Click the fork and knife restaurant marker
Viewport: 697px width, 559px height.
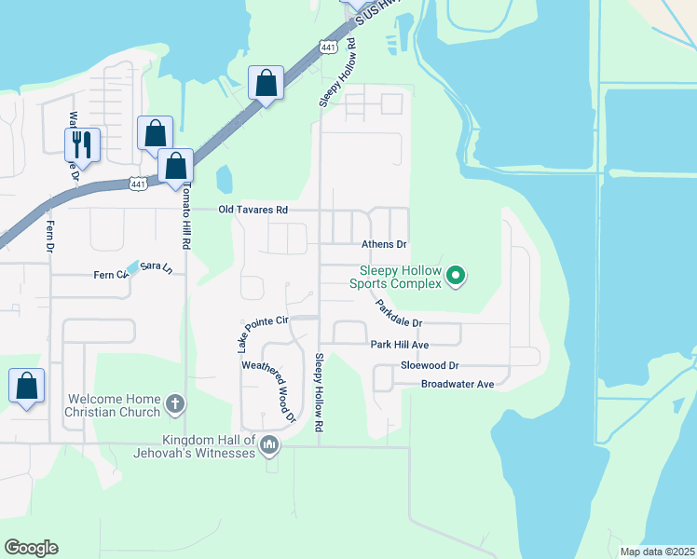pyautogui.click(x=82, y=144)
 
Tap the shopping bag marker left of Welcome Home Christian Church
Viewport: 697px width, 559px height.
pyautogui.click(x=27, y=386)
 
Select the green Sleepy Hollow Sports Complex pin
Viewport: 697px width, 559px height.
pyautogui.click(x=456, y=275)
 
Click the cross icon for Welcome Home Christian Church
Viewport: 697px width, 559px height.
pyautogui.click(x=174, y=404)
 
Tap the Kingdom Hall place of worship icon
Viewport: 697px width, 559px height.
pyautogui.click(x=270, y=445)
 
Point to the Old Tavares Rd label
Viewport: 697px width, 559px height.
pyautogui.click(x=253, y=211)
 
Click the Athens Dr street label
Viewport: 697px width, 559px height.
pyautogui.click(x=384, y=244)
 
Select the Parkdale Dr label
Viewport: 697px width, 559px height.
pyautogui.click(x=399, y=313)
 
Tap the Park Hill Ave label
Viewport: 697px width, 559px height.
pyautogui.click(x=398, y=345)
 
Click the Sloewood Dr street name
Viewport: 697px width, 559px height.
pyautogui.click(x=430, y=366)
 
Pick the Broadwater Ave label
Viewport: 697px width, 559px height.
pyautogui.click(x=457, y=384)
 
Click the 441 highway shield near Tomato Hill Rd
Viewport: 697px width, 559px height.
pyautogui.click(x=137, y=185)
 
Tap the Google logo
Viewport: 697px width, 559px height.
pyautogui.click(x=31, y=548)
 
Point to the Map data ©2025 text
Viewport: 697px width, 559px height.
pyautogui.click(x=656, y=552)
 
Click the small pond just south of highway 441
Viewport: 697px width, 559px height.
pyautogui.click(x=225, y=179)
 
